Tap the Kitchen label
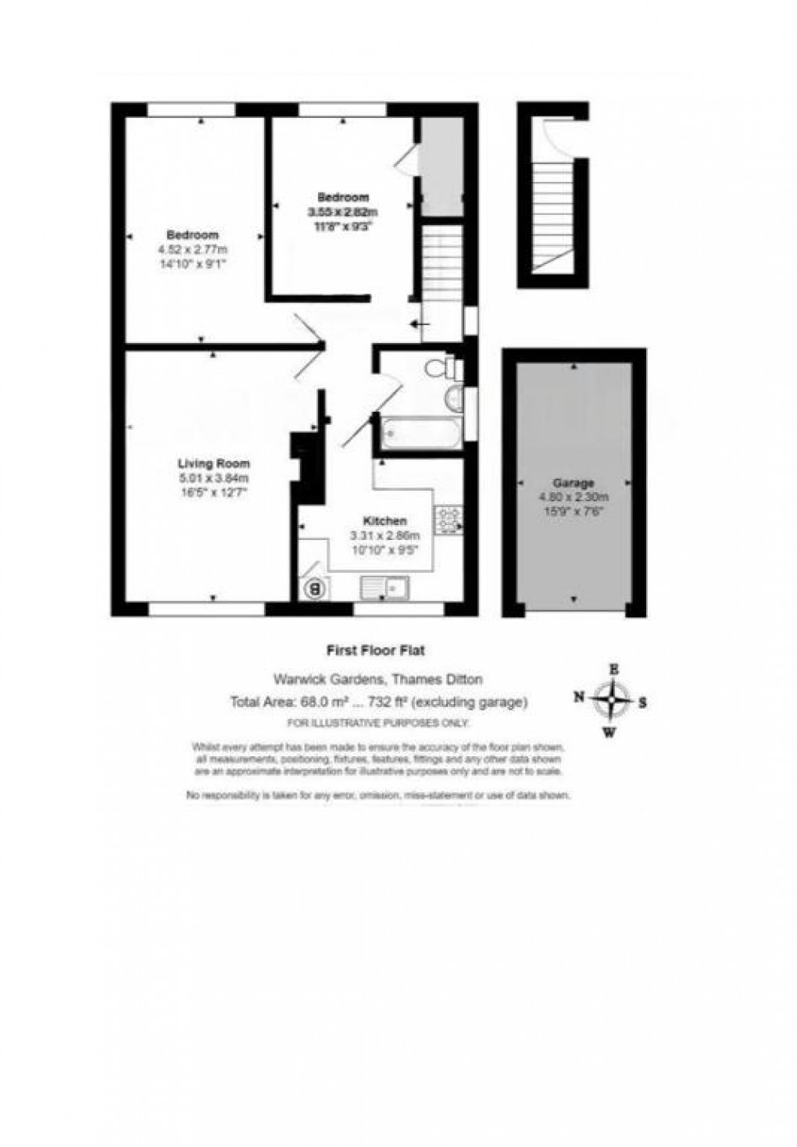coord(384,521)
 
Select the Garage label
coord(574,483)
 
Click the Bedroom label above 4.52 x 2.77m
coord(192,234)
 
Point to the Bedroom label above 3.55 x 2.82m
coord(342,197)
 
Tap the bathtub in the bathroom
coord(419,432)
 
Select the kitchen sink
coord(385,587)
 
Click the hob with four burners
coord(449,518)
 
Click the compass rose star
coord(615,700)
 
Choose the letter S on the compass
coord(642,702)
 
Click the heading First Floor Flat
coord(374,649)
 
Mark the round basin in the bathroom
coord(452,399)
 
